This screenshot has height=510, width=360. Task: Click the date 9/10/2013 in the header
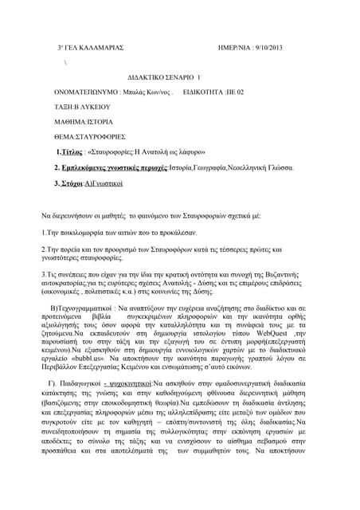point(280,48)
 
